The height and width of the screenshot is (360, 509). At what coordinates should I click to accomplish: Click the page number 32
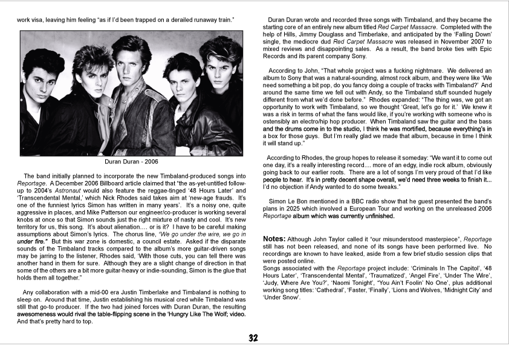254,338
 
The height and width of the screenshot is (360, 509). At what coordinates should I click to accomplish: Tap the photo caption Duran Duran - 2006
131,162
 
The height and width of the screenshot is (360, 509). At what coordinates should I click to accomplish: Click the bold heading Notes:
275,238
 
